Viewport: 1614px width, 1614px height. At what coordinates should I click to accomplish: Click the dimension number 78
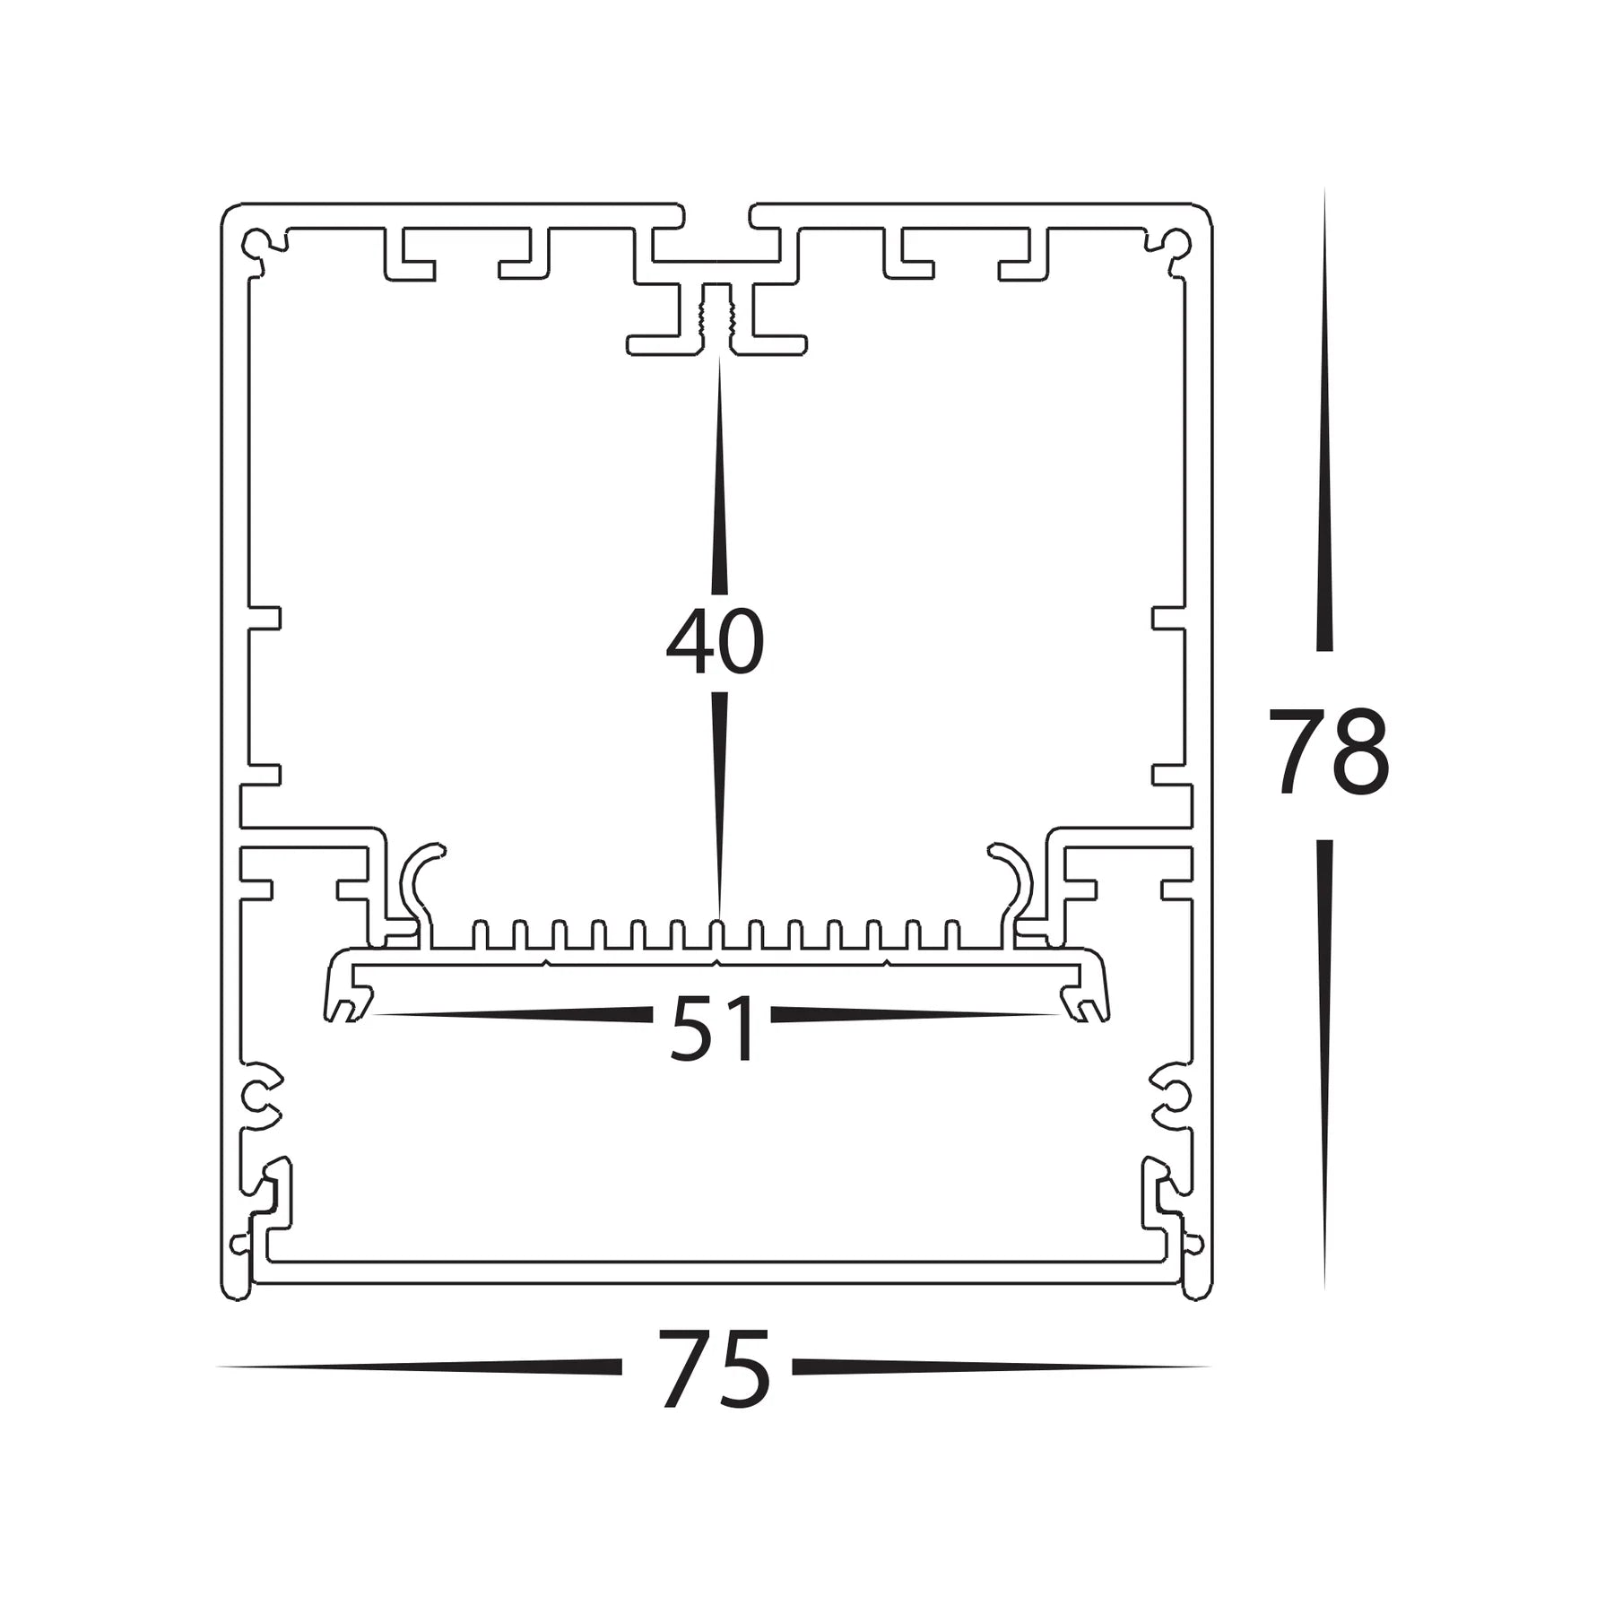tap(1328, 751)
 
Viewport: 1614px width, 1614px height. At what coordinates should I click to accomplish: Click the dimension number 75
tap(715, 1369)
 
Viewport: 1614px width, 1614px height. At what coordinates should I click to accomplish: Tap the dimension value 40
tap(715, 642)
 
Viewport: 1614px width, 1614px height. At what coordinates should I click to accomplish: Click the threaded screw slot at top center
tap(716, 318)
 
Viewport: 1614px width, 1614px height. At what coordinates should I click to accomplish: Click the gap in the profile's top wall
tap(717, 216)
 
